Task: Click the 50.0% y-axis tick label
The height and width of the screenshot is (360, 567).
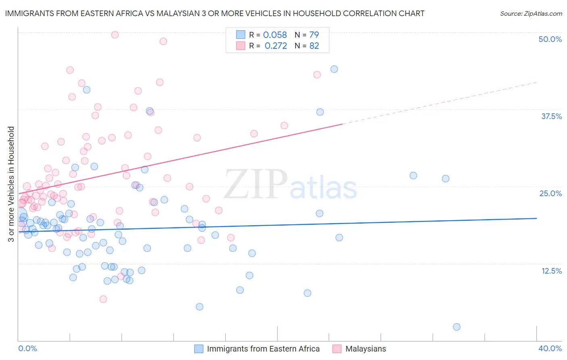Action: pos(550,39)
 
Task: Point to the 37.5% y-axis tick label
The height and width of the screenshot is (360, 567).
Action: pos(551,116)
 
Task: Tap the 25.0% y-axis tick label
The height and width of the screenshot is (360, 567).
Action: pos(550,193)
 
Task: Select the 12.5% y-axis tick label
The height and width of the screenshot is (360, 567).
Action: pos(551,270)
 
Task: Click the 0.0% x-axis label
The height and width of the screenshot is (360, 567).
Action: pos(27,348)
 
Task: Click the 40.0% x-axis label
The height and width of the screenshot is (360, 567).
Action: pos(550,348)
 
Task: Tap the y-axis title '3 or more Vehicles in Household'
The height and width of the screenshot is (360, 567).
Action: pos(11,184)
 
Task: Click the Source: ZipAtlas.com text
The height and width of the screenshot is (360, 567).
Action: pos(531,14)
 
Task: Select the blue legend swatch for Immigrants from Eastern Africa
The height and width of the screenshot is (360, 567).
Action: pos(199,349)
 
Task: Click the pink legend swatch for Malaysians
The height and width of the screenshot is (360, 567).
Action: pos(337,349)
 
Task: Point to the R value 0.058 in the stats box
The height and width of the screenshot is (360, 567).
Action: pos(275,35)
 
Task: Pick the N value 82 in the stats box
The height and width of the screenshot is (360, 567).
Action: pos(314,46)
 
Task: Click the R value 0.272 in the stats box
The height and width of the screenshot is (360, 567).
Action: pos(276,46)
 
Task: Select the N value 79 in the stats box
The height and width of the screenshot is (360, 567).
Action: pos(314,35)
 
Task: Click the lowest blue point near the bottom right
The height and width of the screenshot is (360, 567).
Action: pos(457,327)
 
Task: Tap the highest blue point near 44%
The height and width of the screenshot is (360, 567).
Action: pos(334,69)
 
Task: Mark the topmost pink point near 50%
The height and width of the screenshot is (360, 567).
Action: pos(115,35)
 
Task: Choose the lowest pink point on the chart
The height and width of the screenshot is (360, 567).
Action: pos(103,299)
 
